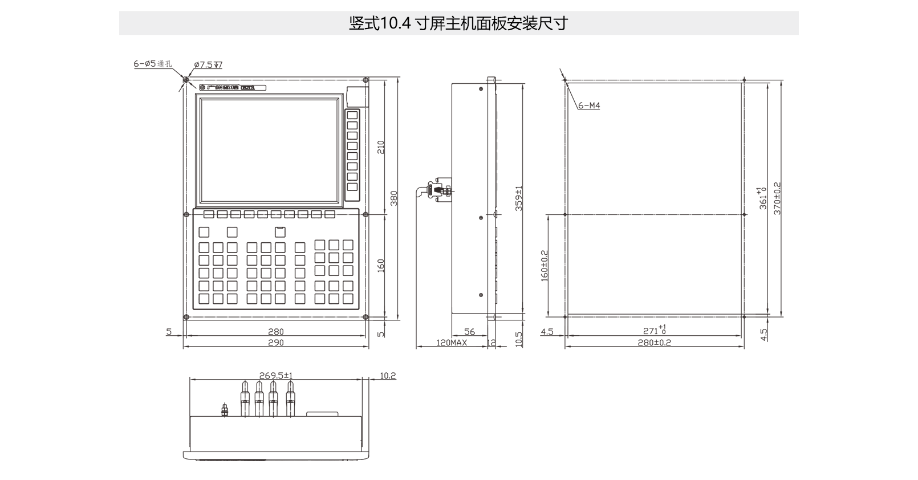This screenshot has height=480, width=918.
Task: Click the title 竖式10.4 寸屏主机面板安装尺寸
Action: tap(458, 23)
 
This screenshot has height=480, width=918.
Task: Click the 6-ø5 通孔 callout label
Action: tap(152, 64)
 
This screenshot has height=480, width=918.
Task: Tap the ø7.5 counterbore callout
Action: tap(208, 65)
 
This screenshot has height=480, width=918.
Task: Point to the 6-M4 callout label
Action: tap(589, 105)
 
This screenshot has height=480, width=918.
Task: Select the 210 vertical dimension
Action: tap(381, 147)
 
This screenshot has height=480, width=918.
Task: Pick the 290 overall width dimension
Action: tap(275, 343)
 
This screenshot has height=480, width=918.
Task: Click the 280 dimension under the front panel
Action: tap(275, 332)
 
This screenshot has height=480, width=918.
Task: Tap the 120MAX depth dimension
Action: tap(452, 343)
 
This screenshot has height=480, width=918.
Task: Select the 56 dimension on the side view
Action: tap(469, 332)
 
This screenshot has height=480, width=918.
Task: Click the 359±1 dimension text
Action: tap(519, 199)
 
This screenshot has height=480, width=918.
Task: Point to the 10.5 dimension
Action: tap(518, 339)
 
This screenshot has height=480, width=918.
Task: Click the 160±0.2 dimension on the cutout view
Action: tap(545, 265)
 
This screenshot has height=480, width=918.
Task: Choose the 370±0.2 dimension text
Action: tap(777, 198)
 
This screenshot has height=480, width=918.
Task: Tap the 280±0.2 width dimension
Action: tap(655, 343)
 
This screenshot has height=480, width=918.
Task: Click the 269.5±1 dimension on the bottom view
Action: tap(276, 375)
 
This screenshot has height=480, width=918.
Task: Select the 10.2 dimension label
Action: tap(387, 375)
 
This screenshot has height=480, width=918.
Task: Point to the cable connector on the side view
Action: tap(438, 189)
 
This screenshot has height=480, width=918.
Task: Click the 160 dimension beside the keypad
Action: tap(381, 265)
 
